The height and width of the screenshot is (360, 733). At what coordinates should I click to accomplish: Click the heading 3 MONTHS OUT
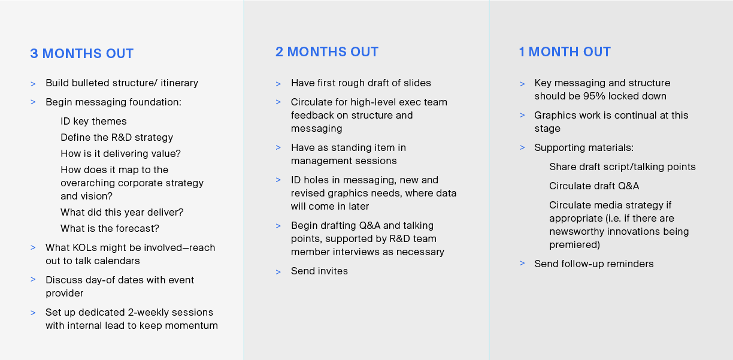[x=82, y=53]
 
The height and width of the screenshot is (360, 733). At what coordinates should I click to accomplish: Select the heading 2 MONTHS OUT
[x=327, y=52]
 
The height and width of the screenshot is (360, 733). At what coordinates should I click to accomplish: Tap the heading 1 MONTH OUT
[x=565, y=52]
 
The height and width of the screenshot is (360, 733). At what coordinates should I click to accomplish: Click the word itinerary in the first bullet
[x=179, y=83]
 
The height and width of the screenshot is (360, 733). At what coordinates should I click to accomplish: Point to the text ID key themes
[x=93, y=122]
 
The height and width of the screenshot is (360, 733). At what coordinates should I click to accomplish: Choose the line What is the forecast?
[x=110, y=228]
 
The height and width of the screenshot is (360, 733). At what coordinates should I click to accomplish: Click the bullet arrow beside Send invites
[x=278, y=271]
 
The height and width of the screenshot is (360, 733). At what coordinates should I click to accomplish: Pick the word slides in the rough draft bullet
[x=417, y=83]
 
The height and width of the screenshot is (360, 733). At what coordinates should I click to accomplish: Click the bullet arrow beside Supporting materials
[x=522, y=148]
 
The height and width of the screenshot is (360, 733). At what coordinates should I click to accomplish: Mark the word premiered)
[x=575, y=245]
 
